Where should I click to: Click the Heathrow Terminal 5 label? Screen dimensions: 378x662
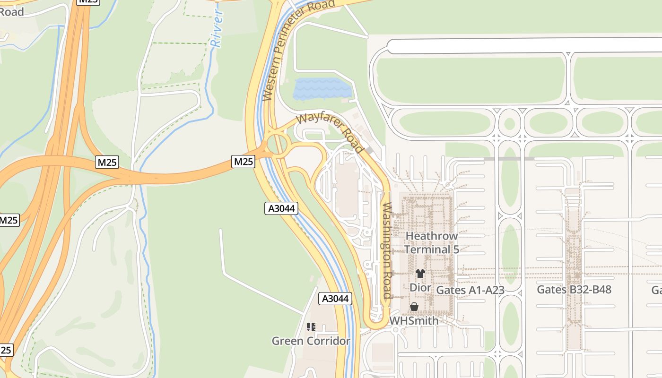[431, 242]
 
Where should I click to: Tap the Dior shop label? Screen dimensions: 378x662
[420, 287]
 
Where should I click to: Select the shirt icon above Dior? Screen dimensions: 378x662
[420, 274]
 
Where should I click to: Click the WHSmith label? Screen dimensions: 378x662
[414, 320]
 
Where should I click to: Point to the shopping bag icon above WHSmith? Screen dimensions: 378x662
[414, 307]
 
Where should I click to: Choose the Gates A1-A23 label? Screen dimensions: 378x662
[470, 290]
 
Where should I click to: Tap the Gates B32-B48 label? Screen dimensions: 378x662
[574, 289]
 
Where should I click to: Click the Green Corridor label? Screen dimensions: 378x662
[311, 341]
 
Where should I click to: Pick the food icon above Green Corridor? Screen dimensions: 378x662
[311, 326]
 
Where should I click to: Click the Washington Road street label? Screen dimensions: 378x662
[387, 250]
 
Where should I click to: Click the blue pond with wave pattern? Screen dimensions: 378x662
[322, 89]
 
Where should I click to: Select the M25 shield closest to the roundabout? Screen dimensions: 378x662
[244, 162]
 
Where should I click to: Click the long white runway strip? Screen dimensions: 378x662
[520, 46]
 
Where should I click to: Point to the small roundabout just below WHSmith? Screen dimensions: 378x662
[395, 329]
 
